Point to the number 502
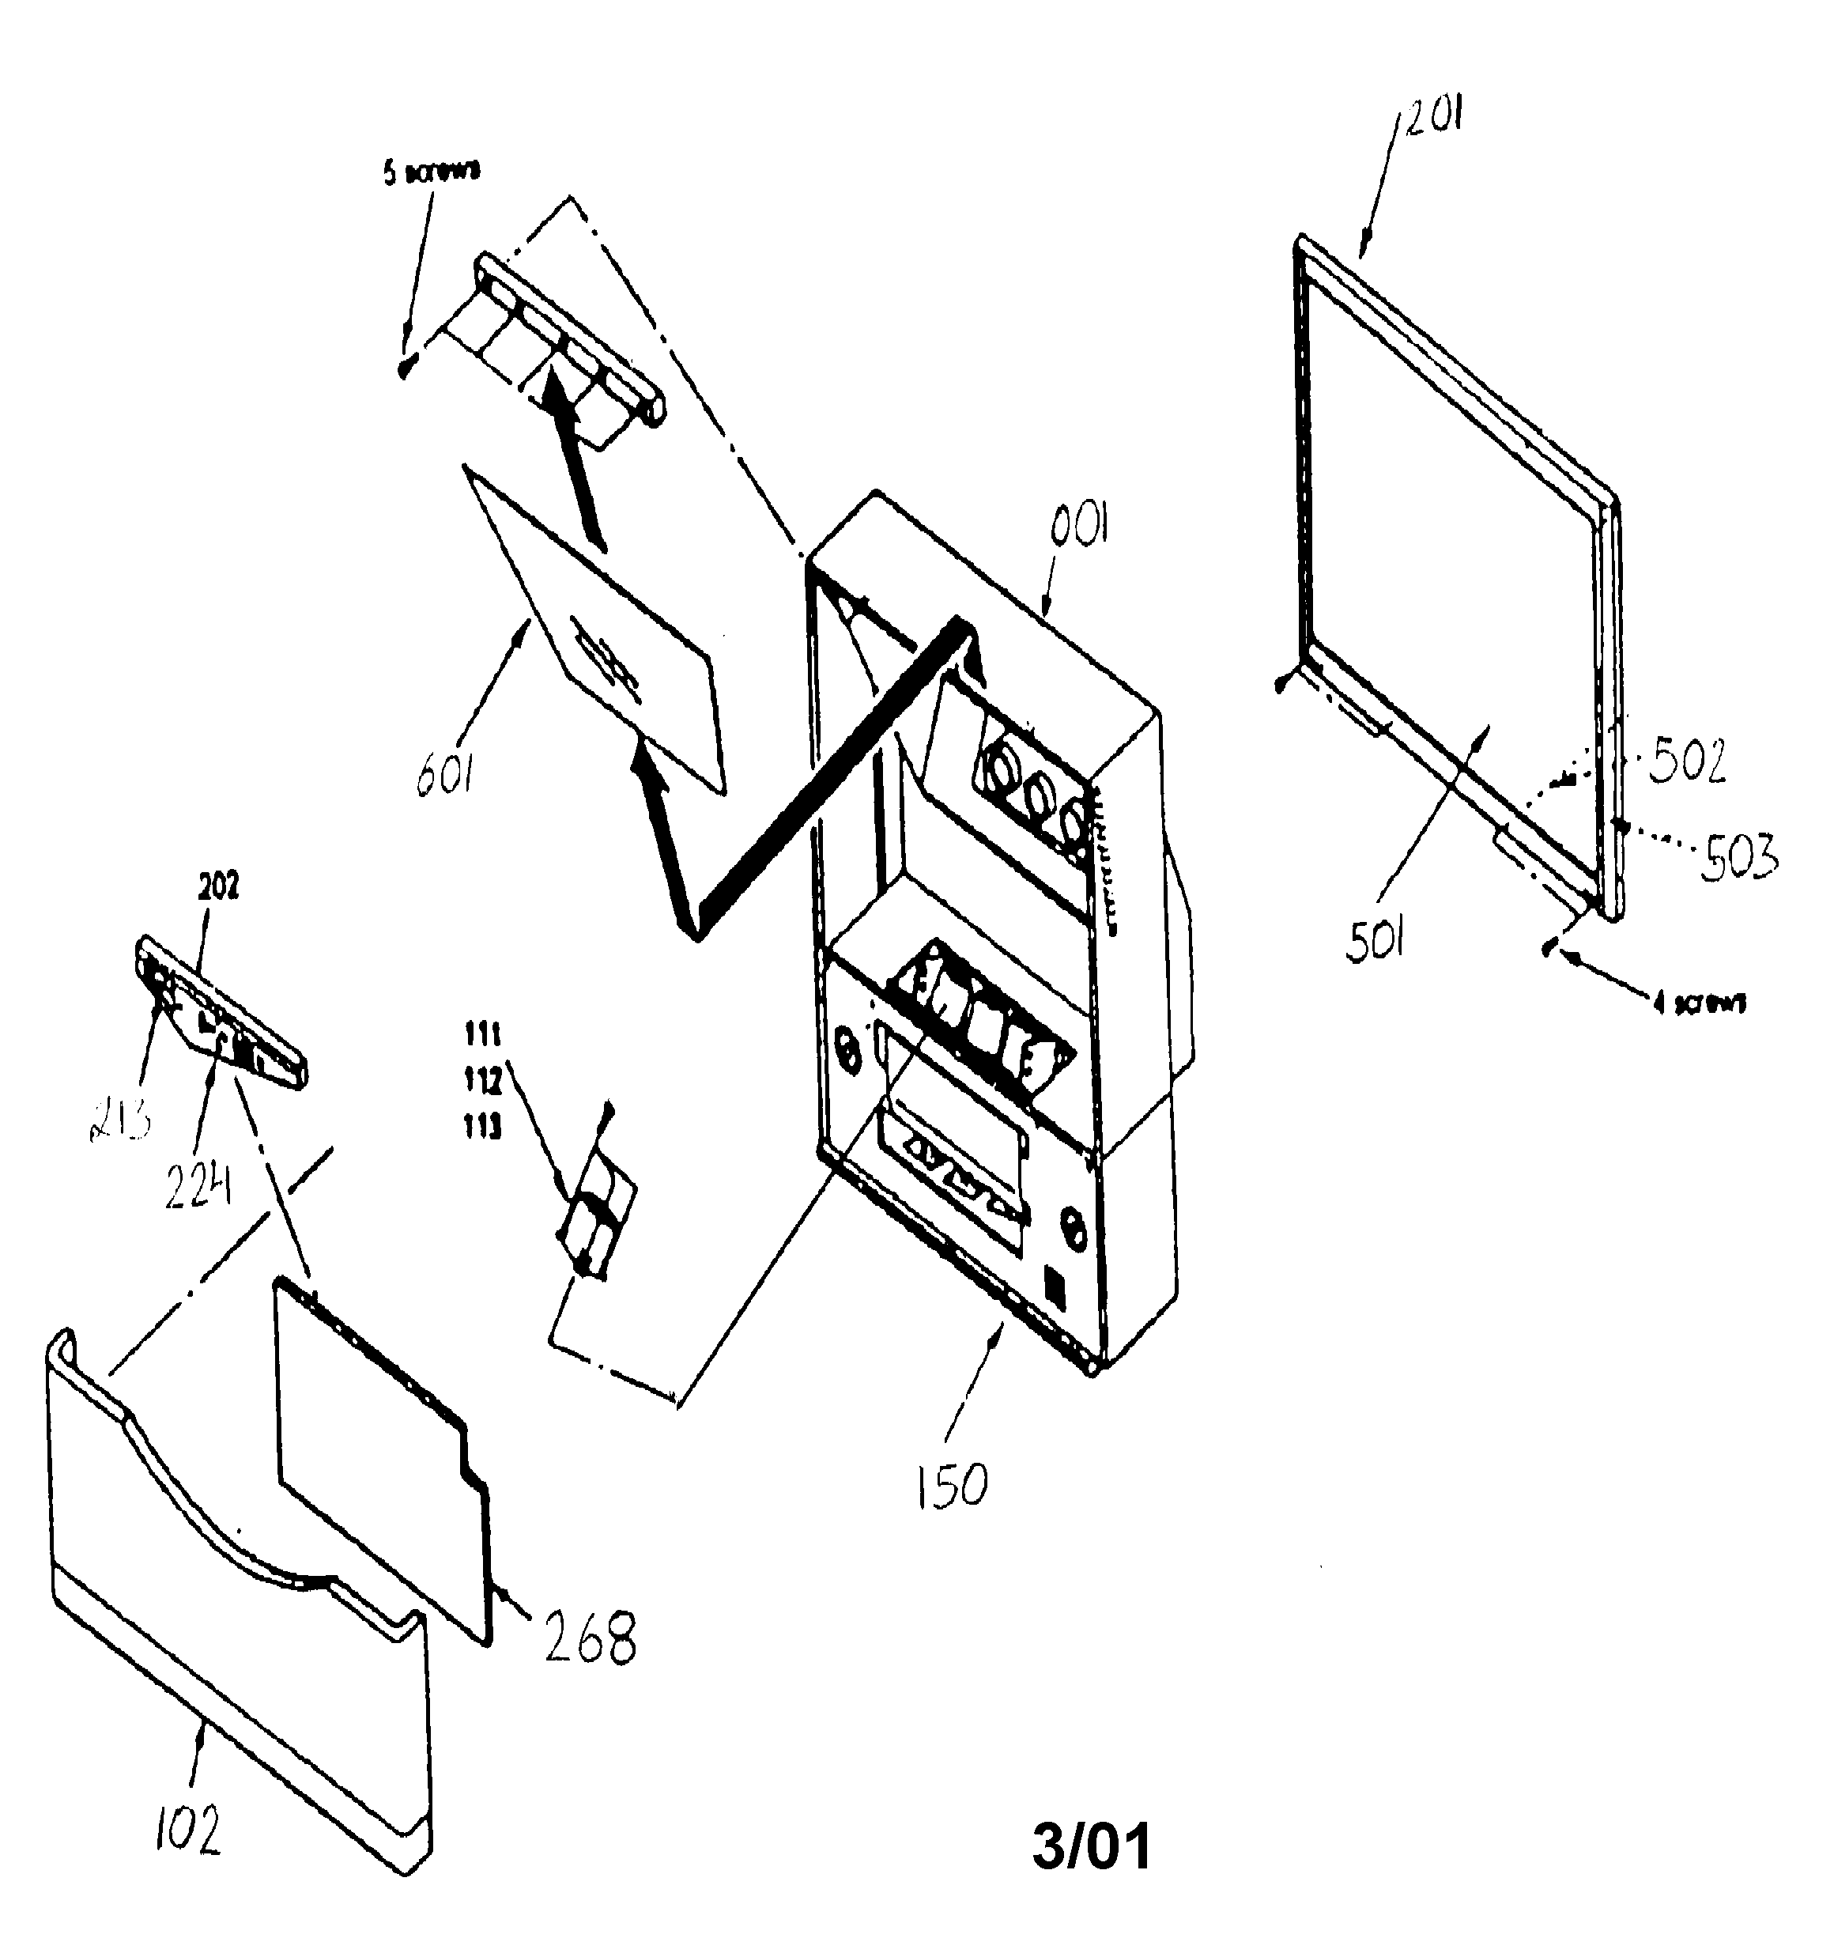(1687, 761)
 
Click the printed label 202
(218, 887)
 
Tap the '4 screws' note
(1700, 1003)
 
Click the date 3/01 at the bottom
(1091, 1847)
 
